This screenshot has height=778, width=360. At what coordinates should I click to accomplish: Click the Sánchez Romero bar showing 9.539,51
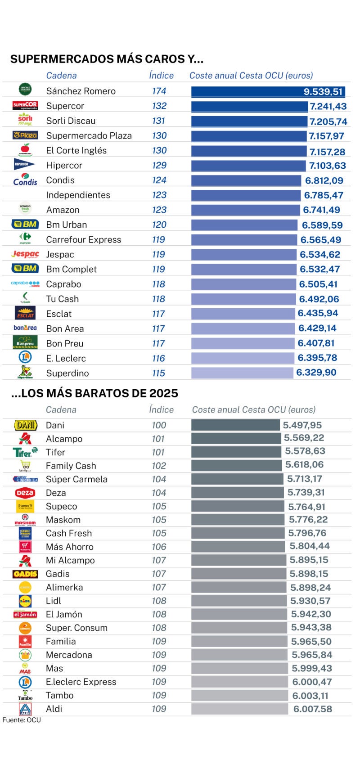tap(268, 92)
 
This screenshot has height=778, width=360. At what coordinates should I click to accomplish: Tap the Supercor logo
tap(25, 106)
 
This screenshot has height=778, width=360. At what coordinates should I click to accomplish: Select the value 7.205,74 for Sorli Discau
tap(328, 121)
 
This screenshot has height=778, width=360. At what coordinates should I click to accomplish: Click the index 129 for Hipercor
tap(159, 166)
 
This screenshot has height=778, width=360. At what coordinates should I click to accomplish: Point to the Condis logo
tap(25, 180)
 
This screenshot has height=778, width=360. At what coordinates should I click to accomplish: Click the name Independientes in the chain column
tap(78, 195)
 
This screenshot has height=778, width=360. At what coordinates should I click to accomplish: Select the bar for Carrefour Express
tap(244, 240)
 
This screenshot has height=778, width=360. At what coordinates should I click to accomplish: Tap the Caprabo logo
tap(25, 284)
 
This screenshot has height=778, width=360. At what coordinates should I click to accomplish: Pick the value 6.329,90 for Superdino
tap(316, 373)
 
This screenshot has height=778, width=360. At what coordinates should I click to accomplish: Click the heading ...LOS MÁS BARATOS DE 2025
tap(94, 393)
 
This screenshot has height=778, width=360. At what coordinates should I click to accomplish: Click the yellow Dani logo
tap(25, 425)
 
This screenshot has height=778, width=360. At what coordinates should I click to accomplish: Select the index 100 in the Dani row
tap(159, 426)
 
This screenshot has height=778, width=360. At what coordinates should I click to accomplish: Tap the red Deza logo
tap(25, 493)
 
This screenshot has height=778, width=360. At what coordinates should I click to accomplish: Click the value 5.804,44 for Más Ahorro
tap(310, 546)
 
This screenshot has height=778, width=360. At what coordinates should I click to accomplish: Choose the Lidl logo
tap(25, 601)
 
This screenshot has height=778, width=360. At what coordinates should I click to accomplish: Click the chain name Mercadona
tap(69, 655)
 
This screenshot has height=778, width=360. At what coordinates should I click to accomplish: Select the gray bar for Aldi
tap(239, 709)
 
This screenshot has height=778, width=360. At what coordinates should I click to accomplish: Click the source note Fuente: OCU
tap(22, 720)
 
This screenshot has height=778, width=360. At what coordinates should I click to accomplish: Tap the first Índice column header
tap(161, 76)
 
